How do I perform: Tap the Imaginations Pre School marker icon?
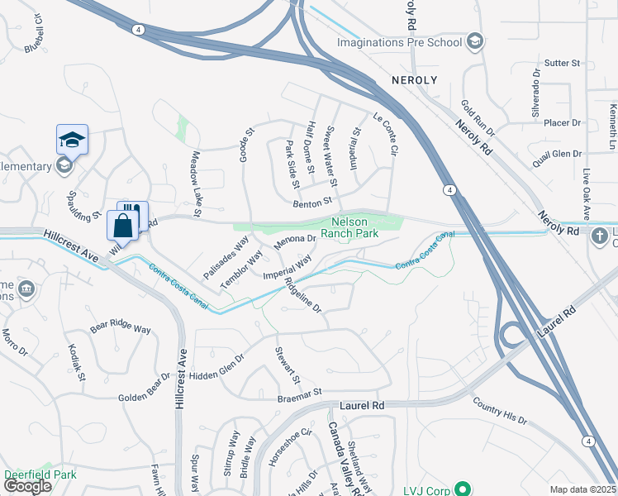[x=474, y=41]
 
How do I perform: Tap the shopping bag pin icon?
[x=122, y=226]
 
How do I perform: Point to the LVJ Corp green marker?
[x=463, y=490]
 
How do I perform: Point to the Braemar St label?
[x=298, y=397]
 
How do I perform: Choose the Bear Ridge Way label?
[x=121, y=327]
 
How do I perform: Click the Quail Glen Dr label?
[x=559, y=154]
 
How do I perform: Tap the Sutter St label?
[x=564, y=63]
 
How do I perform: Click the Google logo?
[x=27, y=486]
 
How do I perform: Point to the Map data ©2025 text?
[x=582, y=489]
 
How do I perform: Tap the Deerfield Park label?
[x=40, y=475]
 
